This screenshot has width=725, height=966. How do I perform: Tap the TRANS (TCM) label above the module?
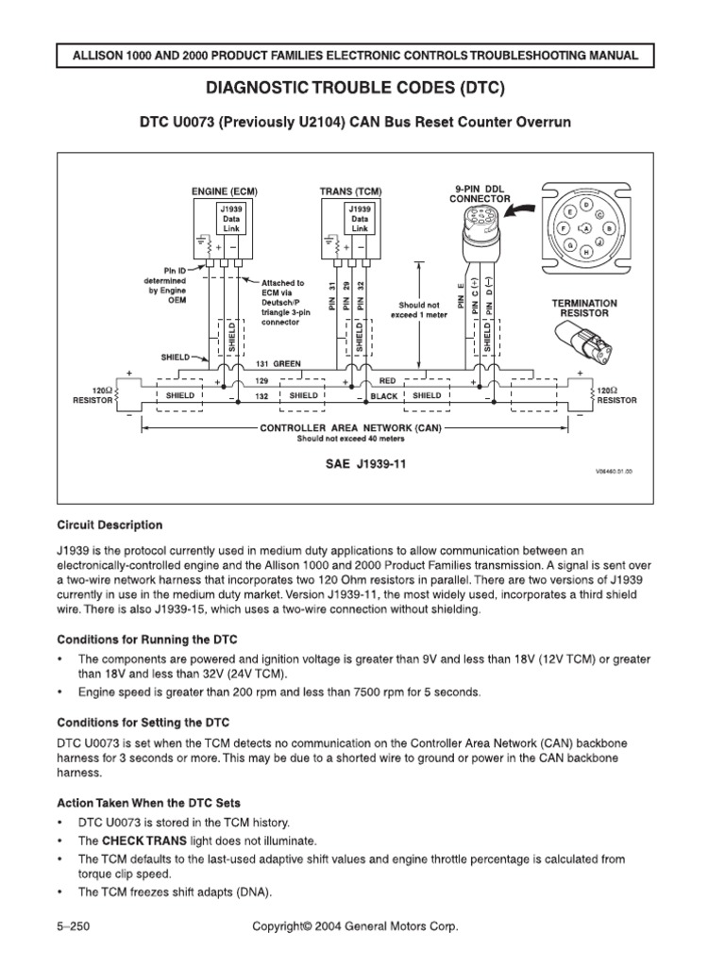[x=350, y=192]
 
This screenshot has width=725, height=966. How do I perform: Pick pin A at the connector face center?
[x=586, y=228]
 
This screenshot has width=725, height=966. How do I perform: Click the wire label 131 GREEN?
[x=280, y=363]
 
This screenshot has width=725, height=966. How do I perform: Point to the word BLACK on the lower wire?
[x=384, y=396]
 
